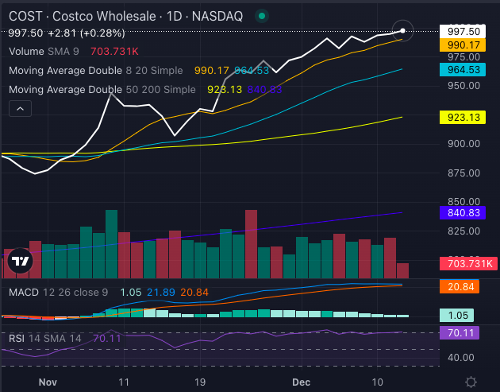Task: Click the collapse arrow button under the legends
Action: coord(20,109)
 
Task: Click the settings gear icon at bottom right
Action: coord(471,382)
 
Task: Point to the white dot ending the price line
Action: coord(403,30)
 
